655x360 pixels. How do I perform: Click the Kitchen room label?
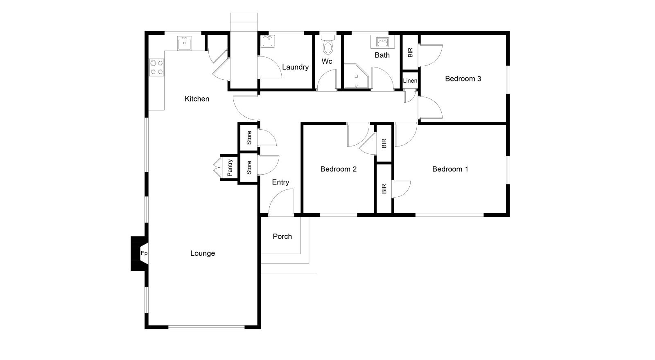(197, 99)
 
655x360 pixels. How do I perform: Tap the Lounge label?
(203, 253)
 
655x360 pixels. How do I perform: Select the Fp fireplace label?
(144, 253)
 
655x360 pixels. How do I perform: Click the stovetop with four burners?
(156, 67)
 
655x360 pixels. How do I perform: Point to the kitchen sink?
(185, 43)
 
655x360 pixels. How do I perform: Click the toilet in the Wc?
(328, 45)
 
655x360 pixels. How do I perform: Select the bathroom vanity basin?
(382, 43)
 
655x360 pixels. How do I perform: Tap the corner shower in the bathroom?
(356, 76)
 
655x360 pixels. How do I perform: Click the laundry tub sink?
(268, 41)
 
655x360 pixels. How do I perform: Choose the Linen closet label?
(410, 81)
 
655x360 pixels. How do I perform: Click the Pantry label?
(230, 168)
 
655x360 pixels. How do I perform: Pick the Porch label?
(282, 236)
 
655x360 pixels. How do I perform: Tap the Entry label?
(280, 182)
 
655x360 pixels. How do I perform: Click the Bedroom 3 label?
(463, 79)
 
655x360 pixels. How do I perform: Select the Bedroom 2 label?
(338, 169)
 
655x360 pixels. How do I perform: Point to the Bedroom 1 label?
(450, 169)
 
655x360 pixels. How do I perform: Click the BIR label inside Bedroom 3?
(410, 53)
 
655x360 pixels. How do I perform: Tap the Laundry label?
(295, 67)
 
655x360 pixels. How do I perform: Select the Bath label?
(382, 55)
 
